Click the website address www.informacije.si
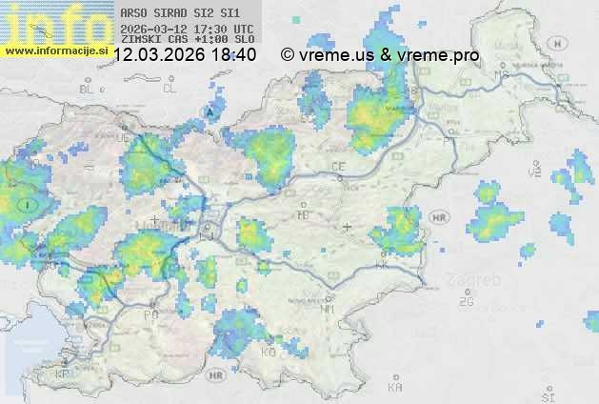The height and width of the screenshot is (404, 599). (55, 50)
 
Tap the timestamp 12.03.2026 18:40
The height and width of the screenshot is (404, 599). (184, 55)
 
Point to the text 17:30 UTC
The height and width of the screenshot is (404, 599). (230, 29)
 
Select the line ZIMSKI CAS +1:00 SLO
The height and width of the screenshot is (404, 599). (187, 41)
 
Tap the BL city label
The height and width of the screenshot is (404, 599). (90, 89)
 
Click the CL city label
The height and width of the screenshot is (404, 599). (170, 89)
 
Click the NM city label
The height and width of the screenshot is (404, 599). (329, 309)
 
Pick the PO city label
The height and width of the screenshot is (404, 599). (150, 313)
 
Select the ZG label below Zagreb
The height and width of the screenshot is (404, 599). (466, 302)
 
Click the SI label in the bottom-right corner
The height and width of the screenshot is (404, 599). (547, 395)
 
